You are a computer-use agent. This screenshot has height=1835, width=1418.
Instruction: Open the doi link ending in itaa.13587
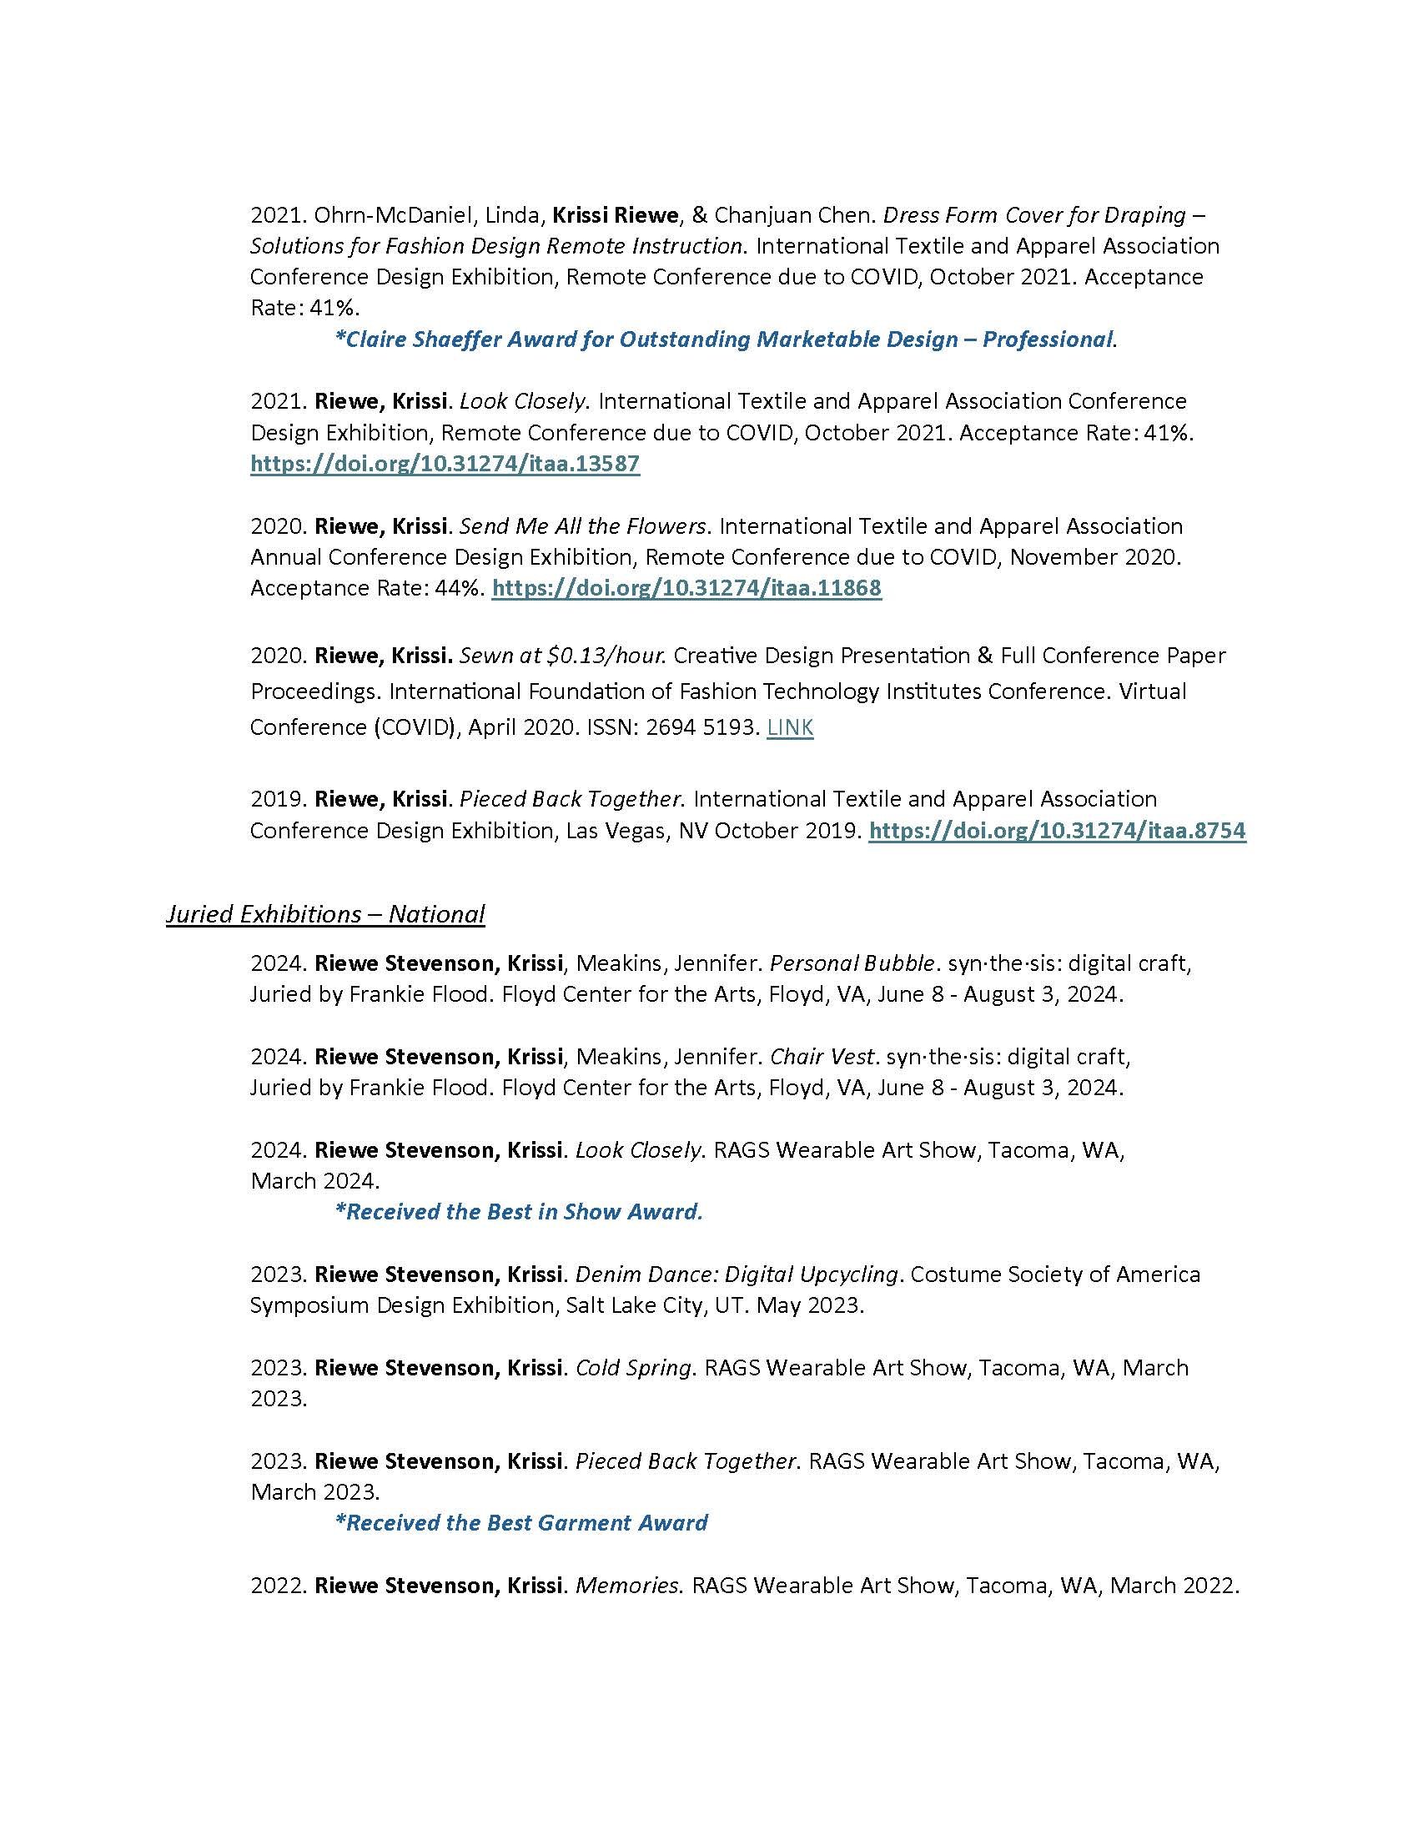445,464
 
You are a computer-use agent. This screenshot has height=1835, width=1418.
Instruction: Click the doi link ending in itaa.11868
686,588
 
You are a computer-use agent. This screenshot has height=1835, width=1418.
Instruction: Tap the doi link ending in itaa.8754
1057,831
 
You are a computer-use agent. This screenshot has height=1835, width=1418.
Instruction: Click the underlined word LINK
790,727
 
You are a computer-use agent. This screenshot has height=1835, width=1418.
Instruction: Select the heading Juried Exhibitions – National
325,913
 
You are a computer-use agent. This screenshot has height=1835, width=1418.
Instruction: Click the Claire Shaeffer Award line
725,339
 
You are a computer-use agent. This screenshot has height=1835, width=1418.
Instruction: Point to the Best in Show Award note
518,1212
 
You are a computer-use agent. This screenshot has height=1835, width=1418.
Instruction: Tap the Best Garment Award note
520,1522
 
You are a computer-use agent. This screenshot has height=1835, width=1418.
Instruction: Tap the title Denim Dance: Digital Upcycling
737,1274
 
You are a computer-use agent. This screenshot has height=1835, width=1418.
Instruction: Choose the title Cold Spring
633,1368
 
